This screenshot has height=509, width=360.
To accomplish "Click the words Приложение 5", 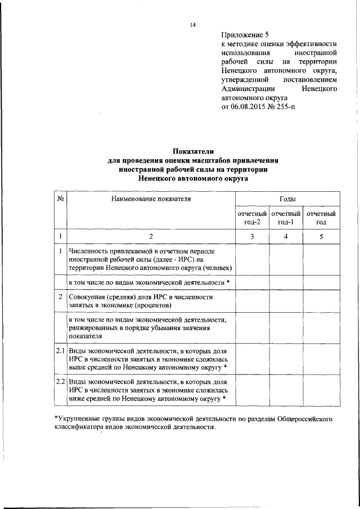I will (x=244, y=34).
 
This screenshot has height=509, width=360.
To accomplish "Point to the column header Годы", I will (x=287, y=199).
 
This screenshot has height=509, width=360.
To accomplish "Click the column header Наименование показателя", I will (x=151, y=199).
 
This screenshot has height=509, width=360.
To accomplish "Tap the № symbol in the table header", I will (x=60, y=199).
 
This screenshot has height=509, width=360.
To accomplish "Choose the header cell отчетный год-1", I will (x=286, y=218).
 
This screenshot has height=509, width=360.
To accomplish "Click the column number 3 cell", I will (x=252, y=237).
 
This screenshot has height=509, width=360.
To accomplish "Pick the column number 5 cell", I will (x=321, y=237).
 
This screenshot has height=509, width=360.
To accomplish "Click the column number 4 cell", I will (x=286, y=237).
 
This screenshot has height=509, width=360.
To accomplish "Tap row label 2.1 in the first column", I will (x=61, y=351).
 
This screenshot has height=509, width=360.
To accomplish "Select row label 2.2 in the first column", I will (x=61, y=381).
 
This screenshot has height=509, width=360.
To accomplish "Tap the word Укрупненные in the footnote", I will (x=79, y=419).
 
